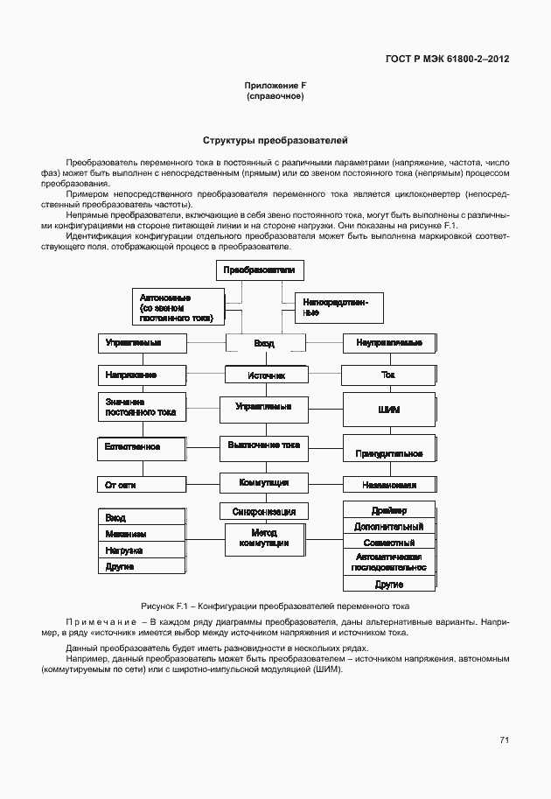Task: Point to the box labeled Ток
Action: click(388, 375)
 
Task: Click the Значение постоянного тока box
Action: click(141, 406)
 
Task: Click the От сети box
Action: click(141, 484)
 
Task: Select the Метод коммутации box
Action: click(264, 538)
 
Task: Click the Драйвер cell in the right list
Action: click(389, 510)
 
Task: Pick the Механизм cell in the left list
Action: click(141, 534)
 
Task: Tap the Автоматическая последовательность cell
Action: click(389, 561)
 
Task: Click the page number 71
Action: click(504, 739)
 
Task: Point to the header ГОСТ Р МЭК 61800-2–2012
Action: click(447, 60)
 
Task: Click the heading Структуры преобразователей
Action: click(275, 139)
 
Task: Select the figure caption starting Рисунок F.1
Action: click(275, 606)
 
